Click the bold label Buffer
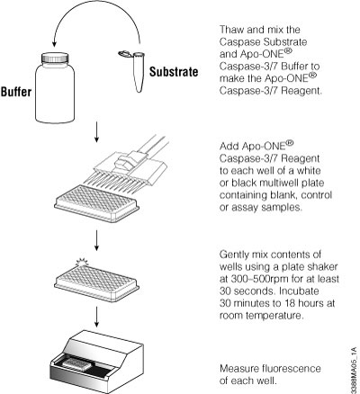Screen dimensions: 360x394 [x=16, y=92]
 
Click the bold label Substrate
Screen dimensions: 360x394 [x=174, y=72]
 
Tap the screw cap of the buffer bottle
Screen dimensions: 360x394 [x=55, y=58]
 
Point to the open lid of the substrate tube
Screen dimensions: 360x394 [x=124, y=54]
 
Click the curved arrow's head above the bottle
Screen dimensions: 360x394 [x=54, y=43]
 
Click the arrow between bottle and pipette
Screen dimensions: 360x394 [x=96, y=132]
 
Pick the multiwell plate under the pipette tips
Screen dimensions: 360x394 [x=96, y=204]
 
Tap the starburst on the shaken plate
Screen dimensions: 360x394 [x=82, y=263]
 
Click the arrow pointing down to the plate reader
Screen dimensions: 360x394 [x=96, y=317]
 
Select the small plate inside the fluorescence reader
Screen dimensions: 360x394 [x=77, y=363]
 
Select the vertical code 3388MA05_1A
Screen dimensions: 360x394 [x=355, y=370]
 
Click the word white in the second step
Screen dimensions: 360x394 [x=309, y=171]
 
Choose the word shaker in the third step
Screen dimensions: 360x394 [x=323, y=266]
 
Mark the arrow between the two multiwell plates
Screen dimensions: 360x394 [x=96, y=240]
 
